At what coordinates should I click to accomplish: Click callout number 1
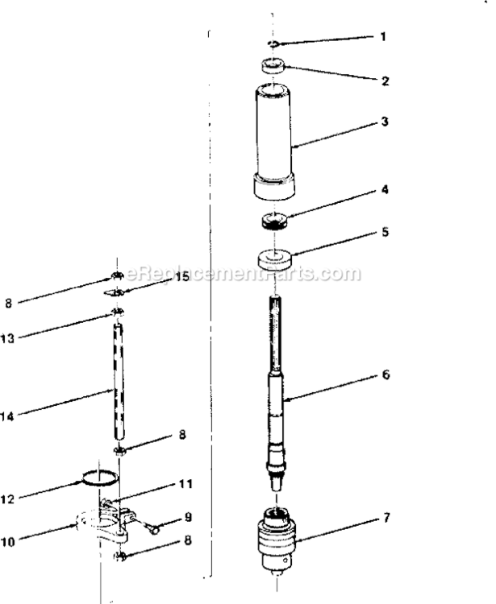pos(383,37)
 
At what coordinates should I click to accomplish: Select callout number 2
pos(386,81)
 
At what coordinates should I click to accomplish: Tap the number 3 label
pos(386,122)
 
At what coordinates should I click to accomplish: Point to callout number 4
pos(386,191)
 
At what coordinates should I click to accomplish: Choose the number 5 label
pos(386,232)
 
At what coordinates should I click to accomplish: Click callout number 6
pos(386,375)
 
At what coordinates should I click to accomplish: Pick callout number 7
pos(386,518)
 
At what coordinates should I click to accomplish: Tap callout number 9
pos(186,517)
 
